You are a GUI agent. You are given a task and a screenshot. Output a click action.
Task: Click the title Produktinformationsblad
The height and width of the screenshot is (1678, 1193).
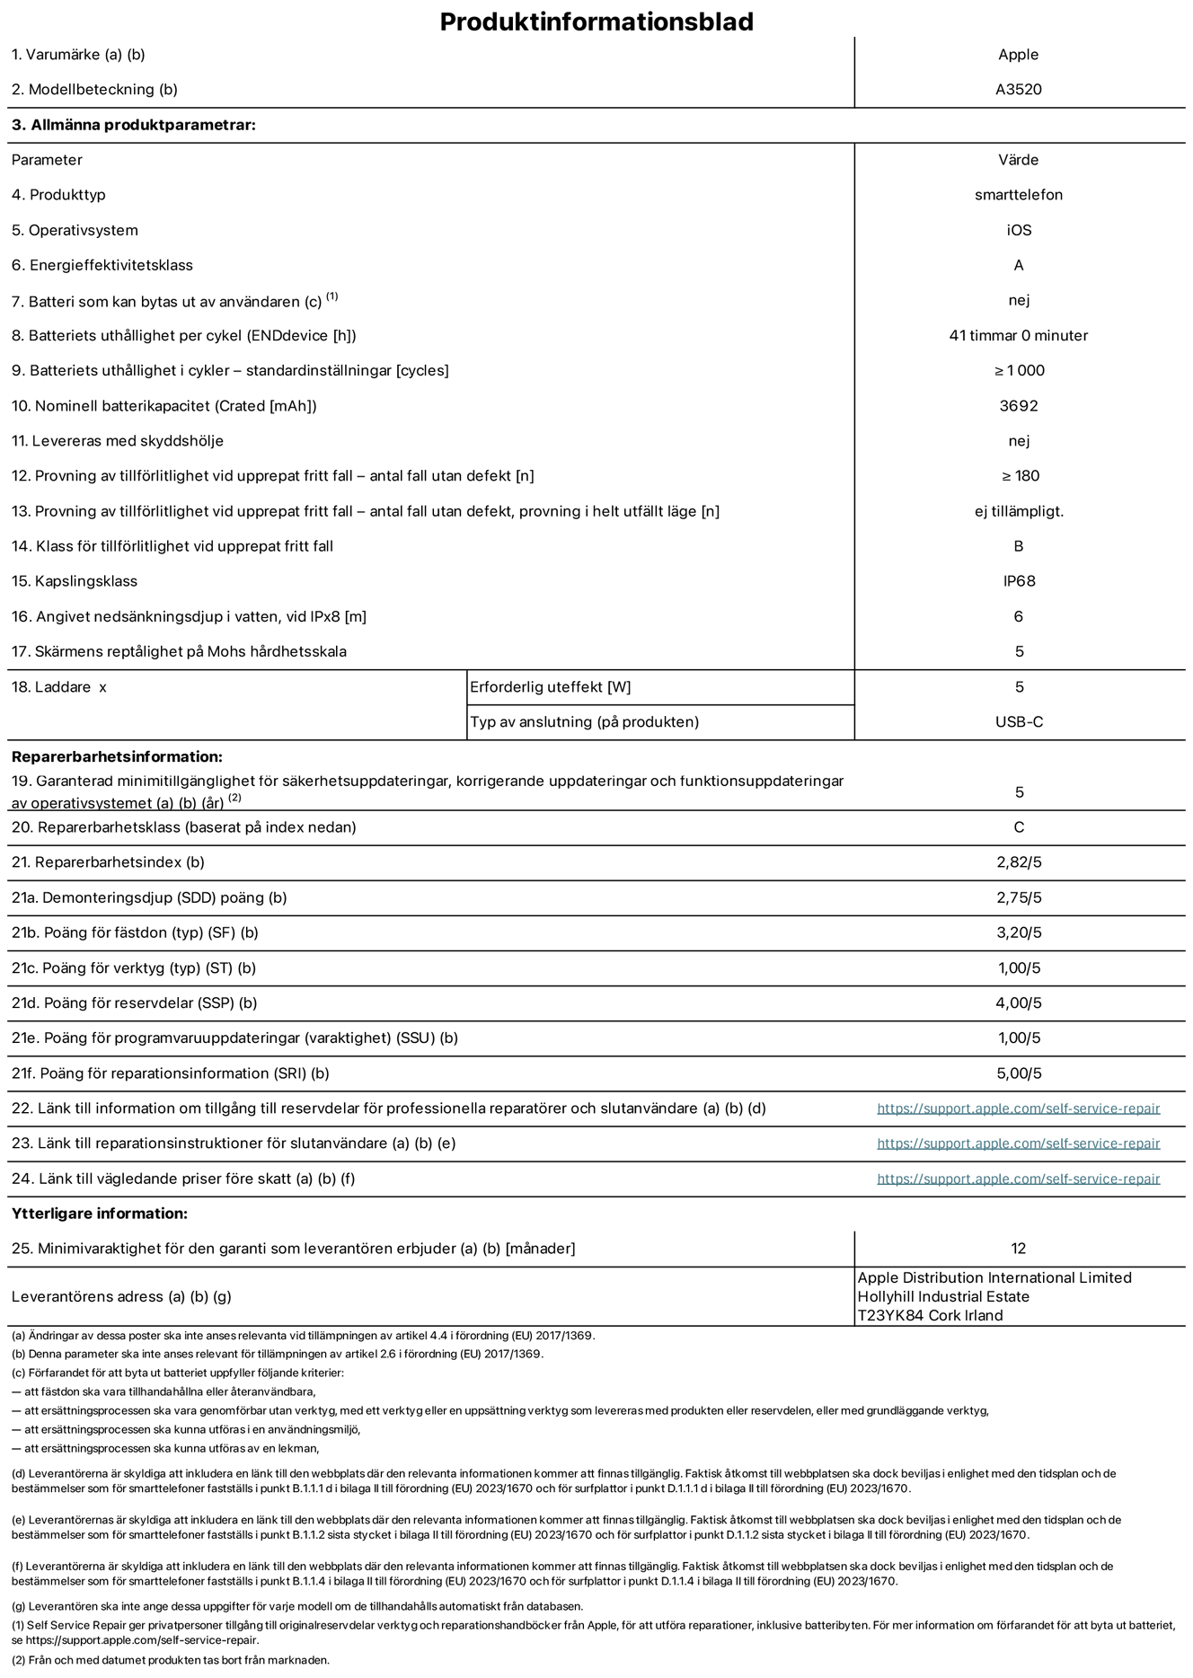[596, 22]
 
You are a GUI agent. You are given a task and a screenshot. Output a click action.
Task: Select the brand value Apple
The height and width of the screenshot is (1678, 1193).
[1018, 55]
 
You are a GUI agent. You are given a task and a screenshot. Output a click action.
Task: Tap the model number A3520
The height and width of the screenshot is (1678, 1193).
[1018, 90]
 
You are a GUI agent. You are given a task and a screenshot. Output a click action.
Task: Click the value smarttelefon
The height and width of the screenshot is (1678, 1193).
[1018, 195]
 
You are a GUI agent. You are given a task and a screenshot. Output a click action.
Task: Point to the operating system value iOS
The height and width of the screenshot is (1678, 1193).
[1018, 230]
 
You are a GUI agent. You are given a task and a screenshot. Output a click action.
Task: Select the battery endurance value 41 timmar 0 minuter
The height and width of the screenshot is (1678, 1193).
[1018, 336]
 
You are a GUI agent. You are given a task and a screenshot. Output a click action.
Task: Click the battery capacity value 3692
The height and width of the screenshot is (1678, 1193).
[1018, 406]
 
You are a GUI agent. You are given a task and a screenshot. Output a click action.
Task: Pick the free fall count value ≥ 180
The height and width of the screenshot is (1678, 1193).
[1018, 476]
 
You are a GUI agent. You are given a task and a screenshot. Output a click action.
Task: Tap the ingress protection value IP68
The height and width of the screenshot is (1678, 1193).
[1018, 581]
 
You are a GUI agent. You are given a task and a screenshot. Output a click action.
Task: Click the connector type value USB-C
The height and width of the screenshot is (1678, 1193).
[1018, 722]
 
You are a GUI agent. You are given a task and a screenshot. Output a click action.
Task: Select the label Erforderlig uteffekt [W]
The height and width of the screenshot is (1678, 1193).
[550, 687]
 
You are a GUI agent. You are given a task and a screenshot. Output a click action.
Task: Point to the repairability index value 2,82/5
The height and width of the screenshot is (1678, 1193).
[1018, 862]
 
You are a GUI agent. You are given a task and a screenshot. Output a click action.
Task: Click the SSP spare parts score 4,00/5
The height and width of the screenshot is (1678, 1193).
[1018, 1003]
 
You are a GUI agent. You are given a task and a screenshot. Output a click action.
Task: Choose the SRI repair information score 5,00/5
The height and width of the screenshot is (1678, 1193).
[1018, 1073]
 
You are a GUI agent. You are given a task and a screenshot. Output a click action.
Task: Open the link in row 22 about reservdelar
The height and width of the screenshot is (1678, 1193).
[1018, 1108]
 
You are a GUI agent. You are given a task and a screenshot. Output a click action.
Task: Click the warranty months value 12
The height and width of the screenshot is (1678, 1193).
[1018, 1249]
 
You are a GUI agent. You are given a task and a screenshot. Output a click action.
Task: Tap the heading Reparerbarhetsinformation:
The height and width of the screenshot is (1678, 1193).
[117, 757]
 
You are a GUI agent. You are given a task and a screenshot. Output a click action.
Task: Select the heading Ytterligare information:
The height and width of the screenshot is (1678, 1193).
[100, 1214]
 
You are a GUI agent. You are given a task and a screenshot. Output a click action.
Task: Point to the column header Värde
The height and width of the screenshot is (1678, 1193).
[1018, 160]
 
